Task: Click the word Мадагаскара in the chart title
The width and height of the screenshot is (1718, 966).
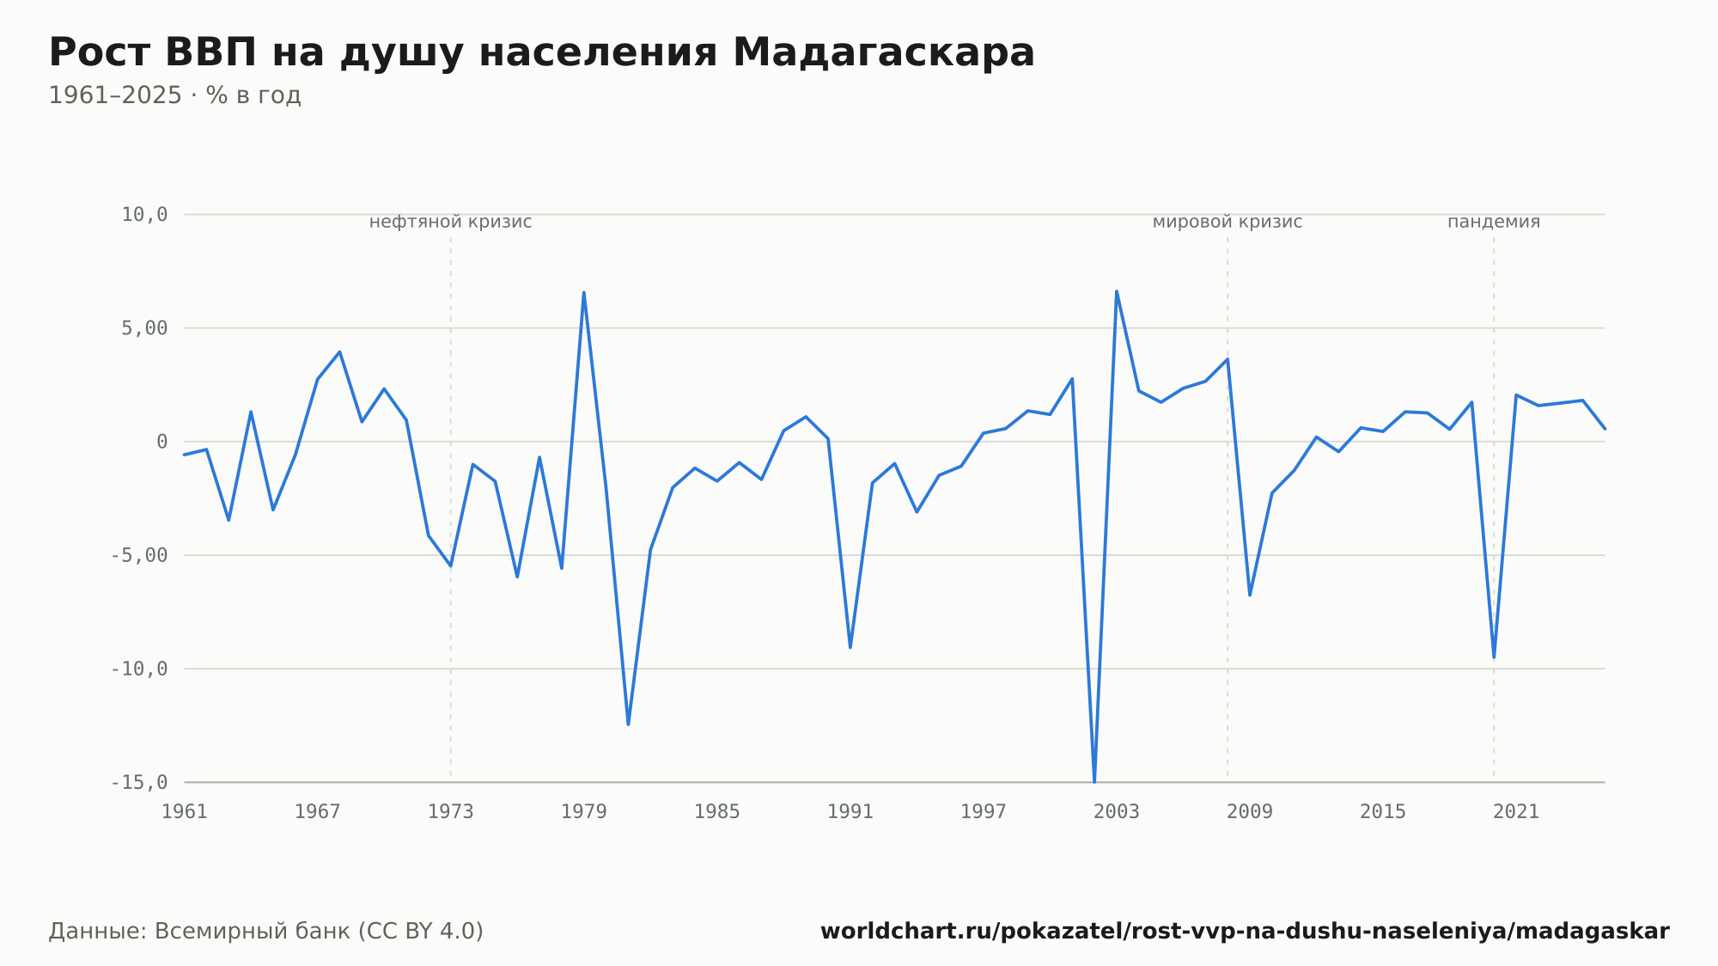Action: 883,52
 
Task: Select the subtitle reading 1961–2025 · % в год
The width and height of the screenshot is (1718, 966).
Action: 174,95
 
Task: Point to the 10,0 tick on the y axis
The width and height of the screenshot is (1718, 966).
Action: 144,215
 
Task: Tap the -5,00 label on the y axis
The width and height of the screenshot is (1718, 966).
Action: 139,555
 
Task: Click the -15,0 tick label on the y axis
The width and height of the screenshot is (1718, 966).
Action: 139,782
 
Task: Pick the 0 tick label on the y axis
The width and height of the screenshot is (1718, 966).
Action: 161,442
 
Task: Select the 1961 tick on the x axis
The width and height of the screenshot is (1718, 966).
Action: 185,812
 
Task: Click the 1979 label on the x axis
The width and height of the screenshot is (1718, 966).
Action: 584,812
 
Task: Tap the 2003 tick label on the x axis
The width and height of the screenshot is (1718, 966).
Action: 1117,812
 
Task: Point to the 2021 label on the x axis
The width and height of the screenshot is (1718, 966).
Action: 1516,812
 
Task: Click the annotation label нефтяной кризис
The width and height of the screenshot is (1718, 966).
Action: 451,223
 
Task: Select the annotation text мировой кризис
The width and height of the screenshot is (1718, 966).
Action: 1228,223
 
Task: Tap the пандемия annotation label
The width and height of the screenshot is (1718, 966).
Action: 1494,223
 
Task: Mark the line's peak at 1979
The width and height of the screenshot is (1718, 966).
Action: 584,292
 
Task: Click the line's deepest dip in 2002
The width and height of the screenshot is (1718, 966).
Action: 1094,781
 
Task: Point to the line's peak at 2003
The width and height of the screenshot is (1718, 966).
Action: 1117,291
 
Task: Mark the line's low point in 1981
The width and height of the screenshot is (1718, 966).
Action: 628,724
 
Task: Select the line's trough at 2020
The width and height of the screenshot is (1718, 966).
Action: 1494,657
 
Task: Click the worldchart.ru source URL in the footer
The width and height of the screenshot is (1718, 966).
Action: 1245,932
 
